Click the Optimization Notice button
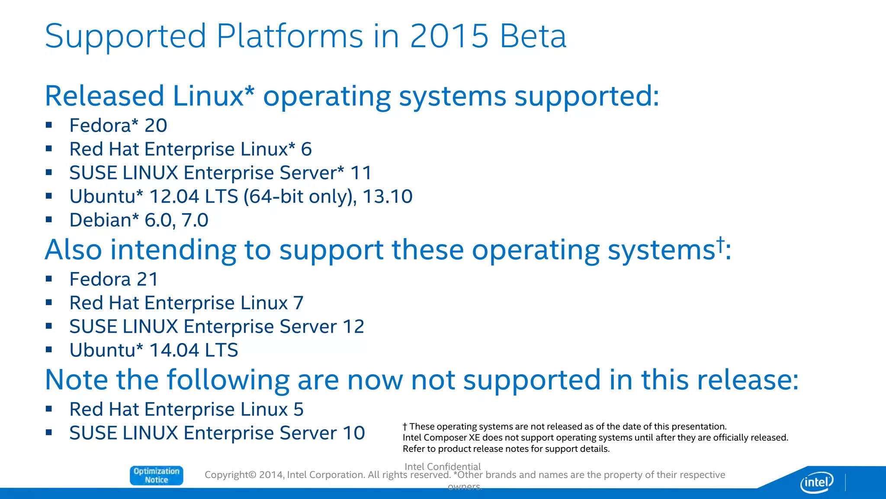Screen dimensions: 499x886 point(156,475)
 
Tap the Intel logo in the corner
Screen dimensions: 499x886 point(816,482)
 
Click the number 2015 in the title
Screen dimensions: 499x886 point(449,36)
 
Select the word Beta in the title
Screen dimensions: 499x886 point(533,36)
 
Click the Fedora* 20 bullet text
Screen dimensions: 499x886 point(118,126)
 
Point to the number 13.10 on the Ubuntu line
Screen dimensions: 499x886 point(387,197)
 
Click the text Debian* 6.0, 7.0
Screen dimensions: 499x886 point(139,220)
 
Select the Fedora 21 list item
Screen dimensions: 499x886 point(114,279)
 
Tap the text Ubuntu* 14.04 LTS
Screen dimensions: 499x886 point(154,350)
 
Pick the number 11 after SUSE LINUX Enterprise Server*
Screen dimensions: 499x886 point(361,173)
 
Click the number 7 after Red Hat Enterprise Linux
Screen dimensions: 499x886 point(298,303)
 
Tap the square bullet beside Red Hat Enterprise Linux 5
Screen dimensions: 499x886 point(49,408)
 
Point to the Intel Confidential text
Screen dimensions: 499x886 point(442,467)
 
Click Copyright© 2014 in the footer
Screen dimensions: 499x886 point(244,475)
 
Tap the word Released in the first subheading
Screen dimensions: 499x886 point(104,96)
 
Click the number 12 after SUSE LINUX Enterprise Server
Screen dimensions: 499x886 point(353,327)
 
